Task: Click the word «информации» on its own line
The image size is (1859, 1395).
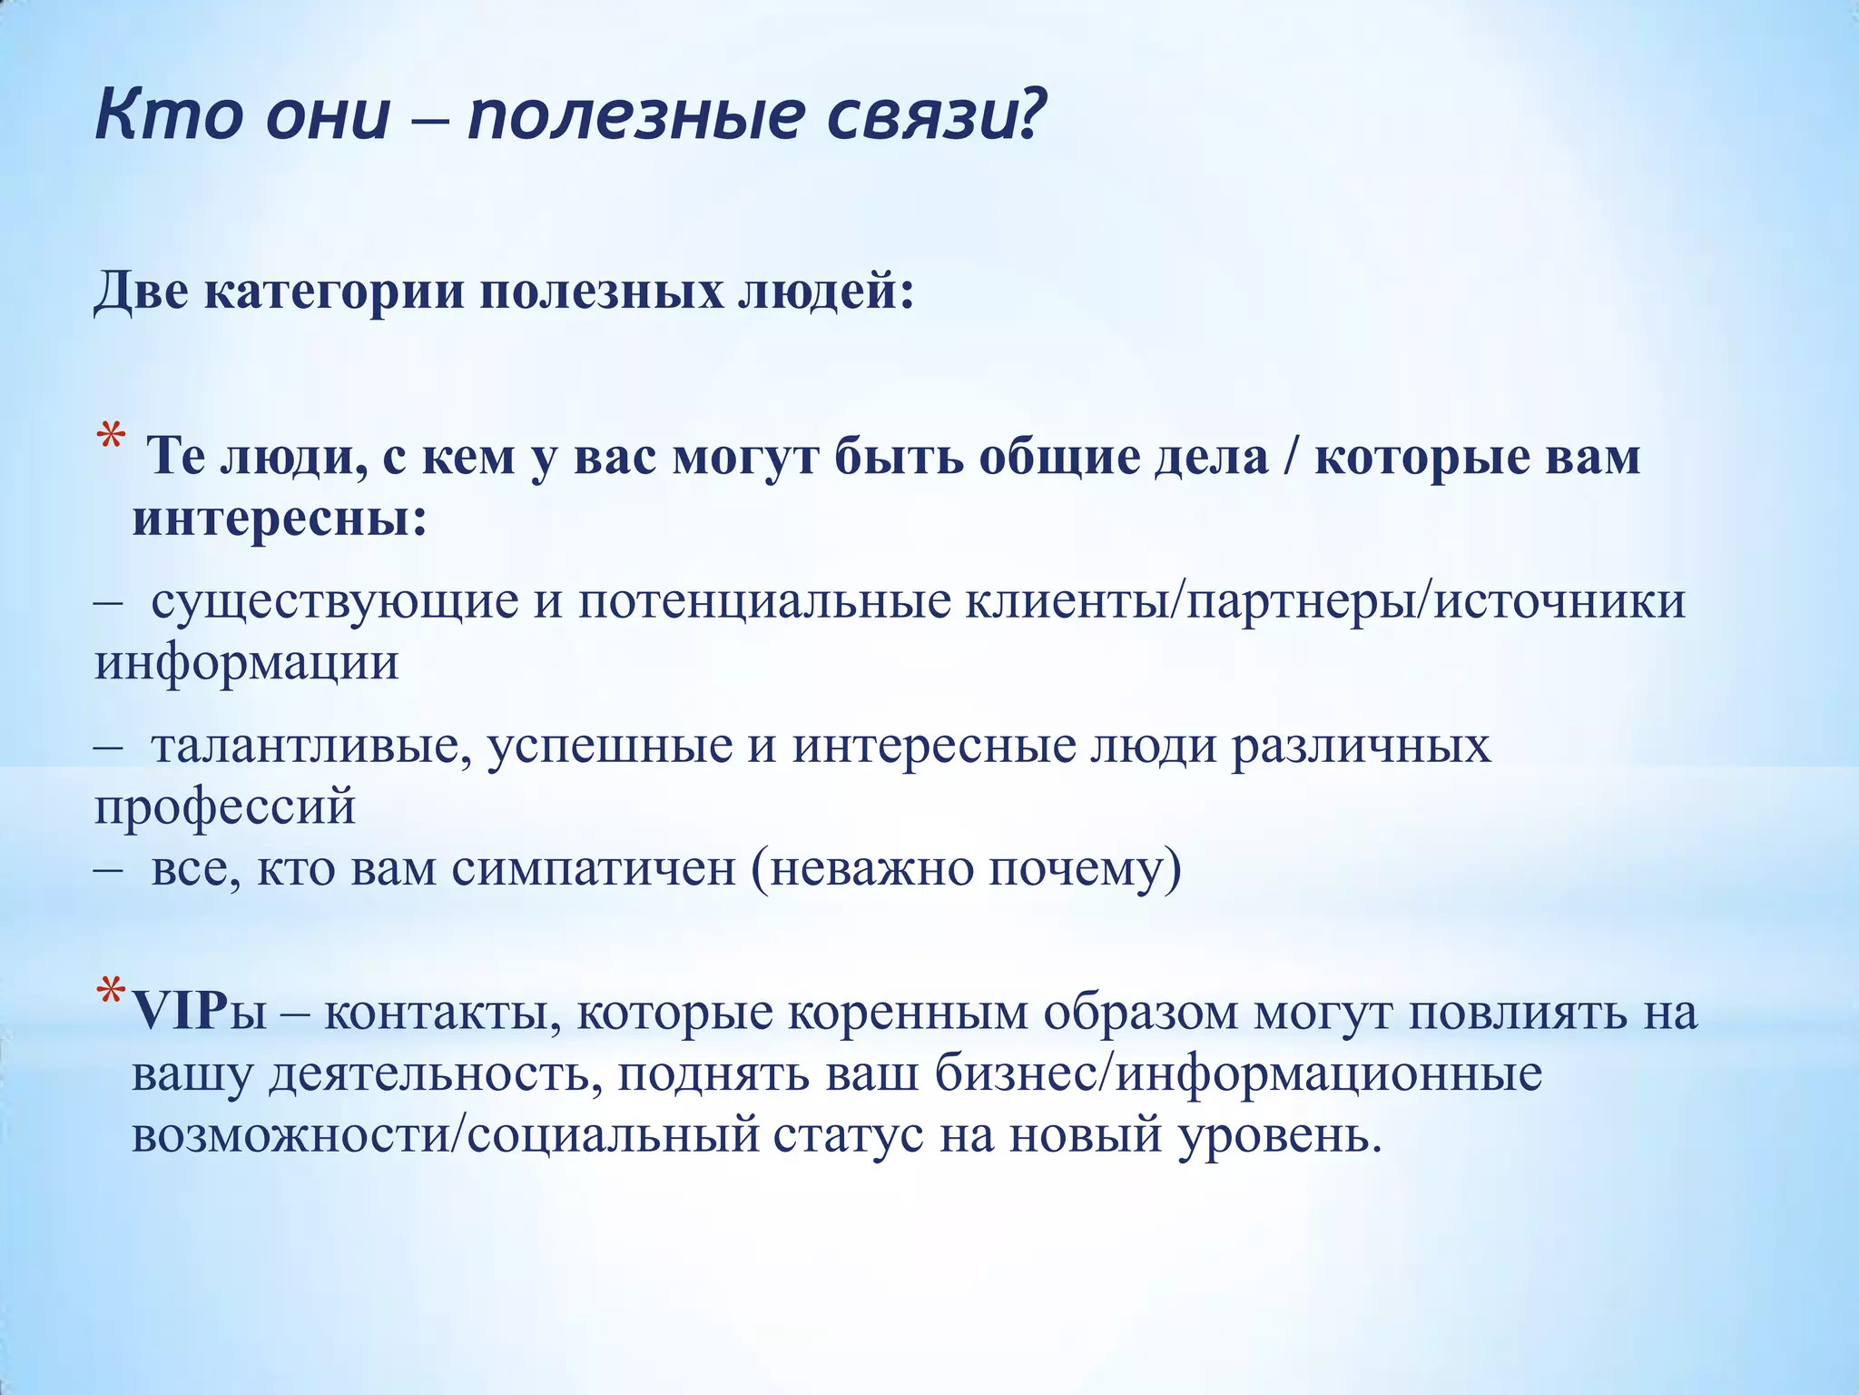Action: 247,663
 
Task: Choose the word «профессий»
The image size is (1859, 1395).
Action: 225,807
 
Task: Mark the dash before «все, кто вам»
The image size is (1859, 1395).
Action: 108,869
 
